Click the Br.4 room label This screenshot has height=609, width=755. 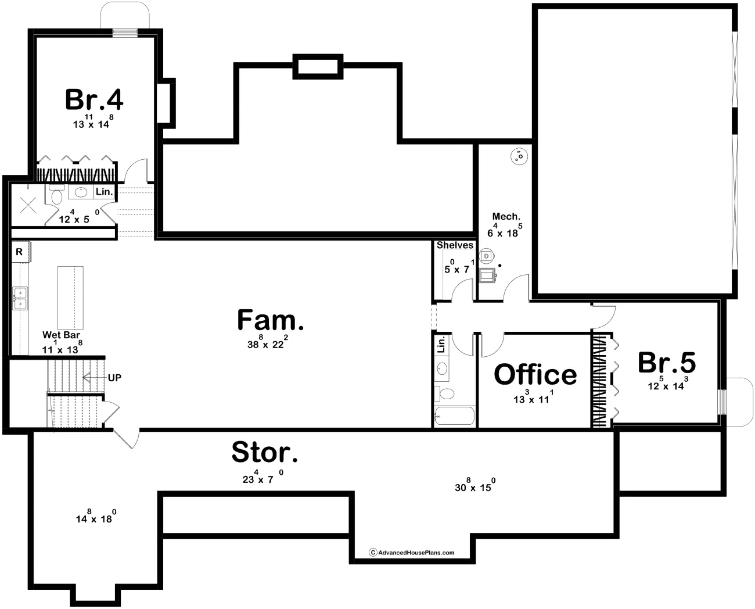[94, 99]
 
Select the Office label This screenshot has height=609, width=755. [535, 374]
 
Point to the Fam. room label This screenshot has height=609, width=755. [270, 320]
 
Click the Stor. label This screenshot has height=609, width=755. [264, 452]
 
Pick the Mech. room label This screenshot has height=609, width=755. [506, 216]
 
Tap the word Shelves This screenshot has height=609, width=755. [455, 245]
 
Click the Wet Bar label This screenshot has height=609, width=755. [61, 335]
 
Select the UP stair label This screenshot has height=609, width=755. [114, 378]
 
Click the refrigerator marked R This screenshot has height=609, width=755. [20, 251]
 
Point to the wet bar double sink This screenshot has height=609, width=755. [20, 298]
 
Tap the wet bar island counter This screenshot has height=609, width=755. [70, 298]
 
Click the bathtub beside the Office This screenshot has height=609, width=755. [455, 415]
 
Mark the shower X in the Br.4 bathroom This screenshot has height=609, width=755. [28, 205]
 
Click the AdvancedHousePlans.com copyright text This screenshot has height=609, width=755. [412, 553]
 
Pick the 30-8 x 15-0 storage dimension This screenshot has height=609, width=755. [475, 485]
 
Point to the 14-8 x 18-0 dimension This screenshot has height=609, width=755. [96, 517]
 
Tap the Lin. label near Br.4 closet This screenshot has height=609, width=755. [104, 192]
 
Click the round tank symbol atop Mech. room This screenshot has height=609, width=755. [519, 156]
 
